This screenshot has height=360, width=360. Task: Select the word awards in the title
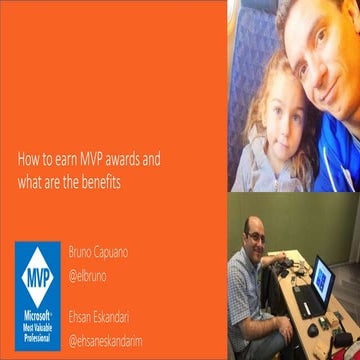tap(125, 157)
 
